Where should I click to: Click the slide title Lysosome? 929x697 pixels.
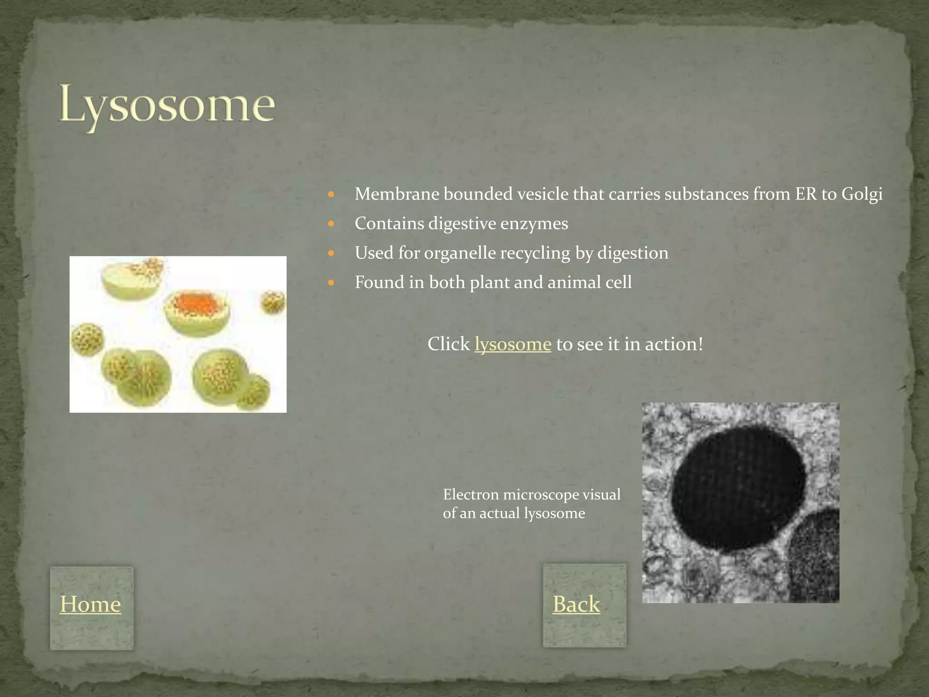tap(166, 105)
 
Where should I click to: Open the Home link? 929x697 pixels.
tap(90, 604)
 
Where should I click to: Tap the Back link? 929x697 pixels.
tap(576, 604)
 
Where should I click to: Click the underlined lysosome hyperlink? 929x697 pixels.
tap(513, 344)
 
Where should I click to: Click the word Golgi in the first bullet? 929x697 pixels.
tap(862, 194)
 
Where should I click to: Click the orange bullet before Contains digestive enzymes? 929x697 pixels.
tap(331, 224)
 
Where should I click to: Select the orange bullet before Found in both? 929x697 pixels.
tap(331, 282)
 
